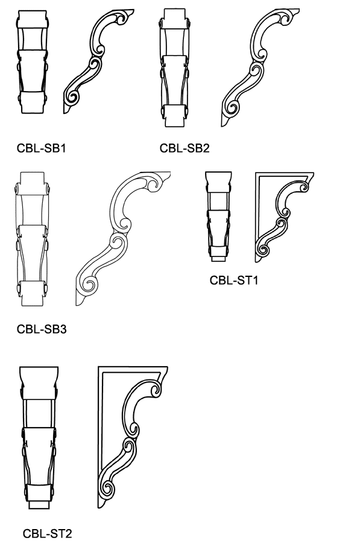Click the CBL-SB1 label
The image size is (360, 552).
click(x=41, y=148)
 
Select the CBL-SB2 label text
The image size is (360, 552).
click(x=185, y=148)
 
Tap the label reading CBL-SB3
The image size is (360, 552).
click(x=42, y=329)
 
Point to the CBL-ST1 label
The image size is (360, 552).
click(x=234, y=281)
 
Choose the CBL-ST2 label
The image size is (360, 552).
click(x=48, y=534)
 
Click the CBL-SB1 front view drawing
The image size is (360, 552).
click(x=32, y=62)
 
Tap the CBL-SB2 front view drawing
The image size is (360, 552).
click(x=174, y=68)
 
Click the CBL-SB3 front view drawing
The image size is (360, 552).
click(x=32, y=239)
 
